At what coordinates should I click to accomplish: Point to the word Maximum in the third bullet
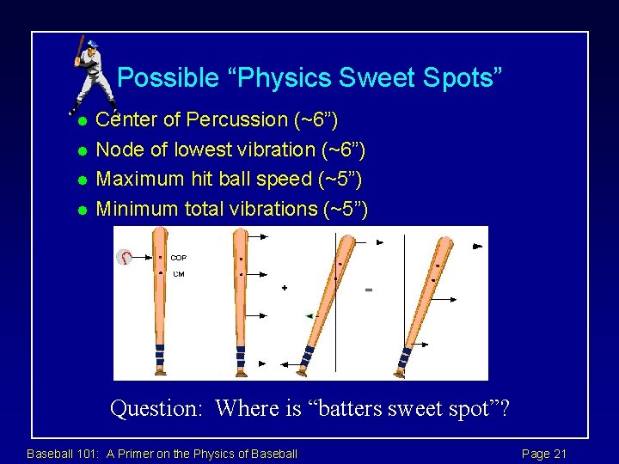point(141,179)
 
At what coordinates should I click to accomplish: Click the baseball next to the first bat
point(126,258)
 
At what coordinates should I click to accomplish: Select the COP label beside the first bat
point(179,257)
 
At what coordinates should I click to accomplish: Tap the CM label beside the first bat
point(178,274)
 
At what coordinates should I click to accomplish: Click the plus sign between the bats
point(285,288)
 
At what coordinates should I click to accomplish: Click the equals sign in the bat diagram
point(369,290)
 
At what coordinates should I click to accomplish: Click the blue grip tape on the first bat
point(160,355)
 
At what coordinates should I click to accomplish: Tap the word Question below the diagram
point(157,408)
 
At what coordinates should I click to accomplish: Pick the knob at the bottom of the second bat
point(240,373)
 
